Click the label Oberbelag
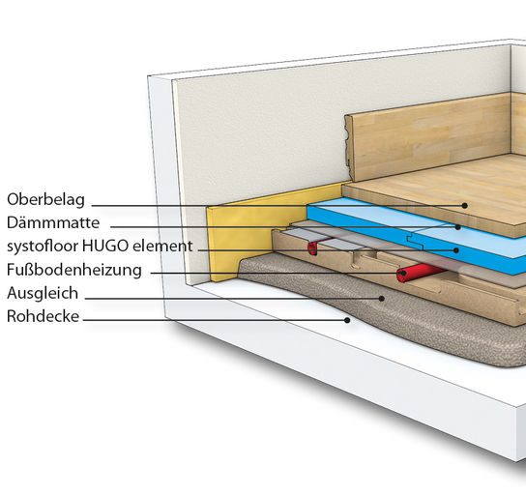click(x=45, y=200)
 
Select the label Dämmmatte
click(x=53, y=222)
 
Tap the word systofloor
click(x=43, y=246)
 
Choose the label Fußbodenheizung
click(x=74, y=270)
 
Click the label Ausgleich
click(x=43, y=294)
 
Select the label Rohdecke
click(x=43, y=316)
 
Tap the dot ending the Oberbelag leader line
click(x=465, y=206)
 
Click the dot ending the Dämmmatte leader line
click(x=458, y=227)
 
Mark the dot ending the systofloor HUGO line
click(x=455, y=250)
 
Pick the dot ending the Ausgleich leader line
click(x=382, y=298)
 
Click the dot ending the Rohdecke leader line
click(x=347, y=320)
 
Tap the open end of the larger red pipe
click(x=402, y=276)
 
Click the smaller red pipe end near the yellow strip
click(x=312, y=248)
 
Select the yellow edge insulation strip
click(x=255, y=231)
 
